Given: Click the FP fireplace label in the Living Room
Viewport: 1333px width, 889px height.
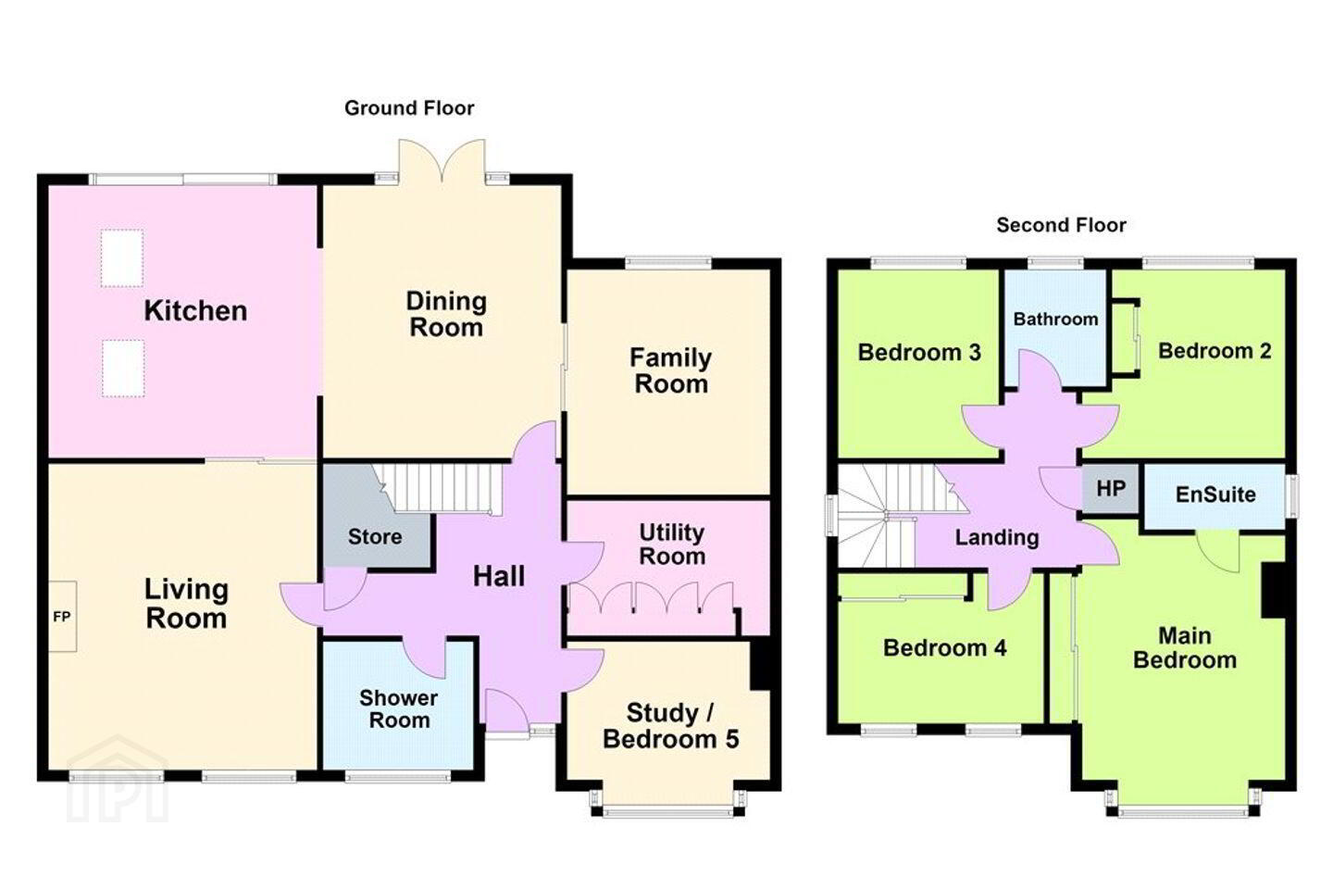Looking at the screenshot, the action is point(62,617).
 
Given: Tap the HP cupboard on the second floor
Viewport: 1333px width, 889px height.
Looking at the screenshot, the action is point(1111,490).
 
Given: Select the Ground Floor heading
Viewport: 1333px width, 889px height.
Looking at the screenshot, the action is point(409,108).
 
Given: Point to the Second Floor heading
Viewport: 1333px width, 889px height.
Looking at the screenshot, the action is point(1062,225).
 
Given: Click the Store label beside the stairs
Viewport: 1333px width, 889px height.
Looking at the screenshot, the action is point(375,536).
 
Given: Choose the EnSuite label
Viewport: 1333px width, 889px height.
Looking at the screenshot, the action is point(1215,495).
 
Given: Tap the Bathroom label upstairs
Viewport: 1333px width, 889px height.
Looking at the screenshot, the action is point(1055,319).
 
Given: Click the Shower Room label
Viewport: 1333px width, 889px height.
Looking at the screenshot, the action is point(399,709).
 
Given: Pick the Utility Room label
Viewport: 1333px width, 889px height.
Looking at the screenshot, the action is point(672,545).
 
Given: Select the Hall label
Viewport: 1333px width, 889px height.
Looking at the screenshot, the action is point(499,576).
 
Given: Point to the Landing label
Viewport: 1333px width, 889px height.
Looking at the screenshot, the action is point(997,538).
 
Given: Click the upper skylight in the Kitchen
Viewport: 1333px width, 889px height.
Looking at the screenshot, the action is point(122,258).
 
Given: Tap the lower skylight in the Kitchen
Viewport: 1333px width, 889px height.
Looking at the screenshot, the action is point(122,368).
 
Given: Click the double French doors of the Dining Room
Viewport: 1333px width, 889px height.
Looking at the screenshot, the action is point(442,161).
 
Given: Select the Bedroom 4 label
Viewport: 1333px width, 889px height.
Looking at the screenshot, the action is point(945,648).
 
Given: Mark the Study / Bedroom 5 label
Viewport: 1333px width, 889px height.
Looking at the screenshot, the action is point(670,726).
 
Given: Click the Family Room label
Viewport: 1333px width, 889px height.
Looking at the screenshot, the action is point(670,370).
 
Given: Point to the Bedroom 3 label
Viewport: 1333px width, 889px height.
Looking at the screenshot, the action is point(919,353).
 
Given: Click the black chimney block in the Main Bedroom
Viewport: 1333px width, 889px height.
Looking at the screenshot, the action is point(1273,590).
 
